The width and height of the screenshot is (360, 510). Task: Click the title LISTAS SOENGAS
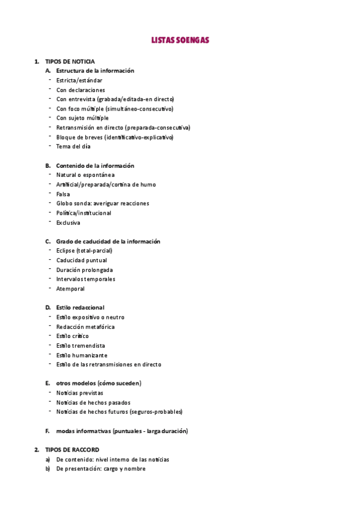(x=180, y=40)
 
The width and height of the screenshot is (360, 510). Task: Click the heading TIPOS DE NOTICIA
(x=70, y=61)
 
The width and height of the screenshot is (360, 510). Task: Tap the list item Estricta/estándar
(x=79, y=81)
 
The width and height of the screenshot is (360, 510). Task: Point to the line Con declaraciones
(x=81, y=90)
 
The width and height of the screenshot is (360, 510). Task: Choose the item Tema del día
(x=73, y=146)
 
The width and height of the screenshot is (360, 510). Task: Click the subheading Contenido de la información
(x=95, y=165)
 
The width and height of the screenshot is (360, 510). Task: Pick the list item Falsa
(x=63, y=194)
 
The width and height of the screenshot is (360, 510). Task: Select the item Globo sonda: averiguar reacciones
(x=103, y=203)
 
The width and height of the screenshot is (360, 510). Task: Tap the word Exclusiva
(x=68, y=223)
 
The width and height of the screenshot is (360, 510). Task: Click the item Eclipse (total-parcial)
(x=84, y=251)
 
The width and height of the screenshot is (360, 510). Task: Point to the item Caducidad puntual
(x=82, y=260)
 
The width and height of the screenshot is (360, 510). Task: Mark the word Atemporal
(x=70, y=289)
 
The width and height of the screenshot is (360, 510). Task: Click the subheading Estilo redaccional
(x=80, y=307)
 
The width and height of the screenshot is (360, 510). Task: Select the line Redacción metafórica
(x=85, y=327)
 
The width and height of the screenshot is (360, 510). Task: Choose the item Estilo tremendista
(x=81, y=346)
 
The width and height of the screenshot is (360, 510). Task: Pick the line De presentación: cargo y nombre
(x=101, y=469)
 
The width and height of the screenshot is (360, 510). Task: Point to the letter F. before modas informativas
(x=47, y=431)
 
